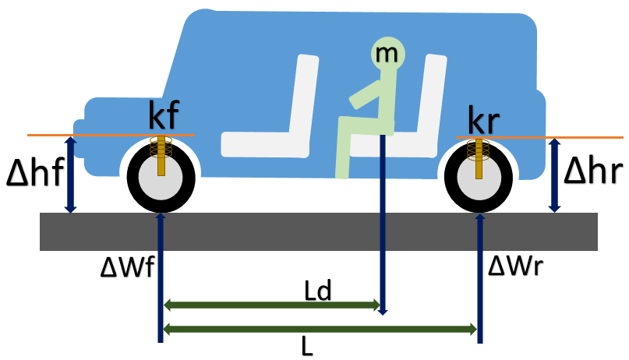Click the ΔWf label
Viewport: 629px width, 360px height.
pyautogui.click(x=128, y=267)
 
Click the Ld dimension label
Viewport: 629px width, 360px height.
pyautogui.click(x=317, y=291)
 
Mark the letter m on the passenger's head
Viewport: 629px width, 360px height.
pyautogui.click(x=383, y=53)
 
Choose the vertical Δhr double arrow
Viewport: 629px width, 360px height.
pyautogui.click(x=555, y=175)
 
